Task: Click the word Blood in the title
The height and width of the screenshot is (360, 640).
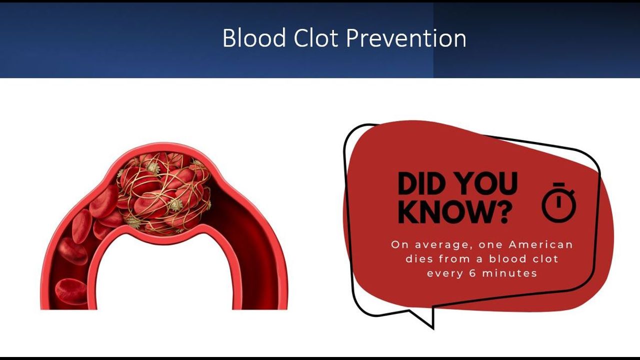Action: pyautogui.click(x=254, y=37)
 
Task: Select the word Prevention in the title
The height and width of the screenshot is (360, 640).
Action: pyautogui.click(x=406, y=37)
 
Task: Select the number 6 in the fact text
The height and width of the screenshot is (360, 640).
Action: pyautogui.click(x=472, y=273)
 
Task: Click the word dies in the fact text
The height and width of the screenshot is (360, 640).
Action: pyautogui.click(x=419, y=259)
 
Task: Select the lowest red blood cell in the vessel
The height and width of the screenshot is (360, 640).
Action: pyautogui.click(x=71, y=291)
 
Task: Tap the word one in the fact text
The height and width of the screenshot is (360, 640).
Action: pyautogui.click(x=490, y=245)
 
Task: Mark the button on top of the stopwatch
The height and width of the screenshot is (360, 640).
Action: pyautogui.click(x=558, y=184)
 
